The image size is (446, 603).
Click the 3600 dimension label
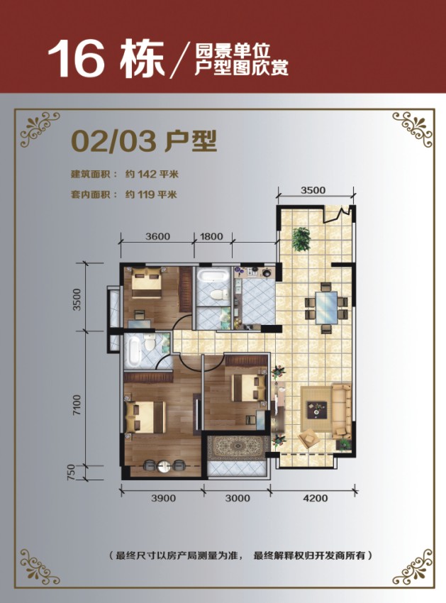[157, 236]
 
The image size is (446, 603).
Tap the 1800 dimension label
[211, 236]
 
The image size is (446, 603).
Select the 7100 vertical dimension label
[77, 404]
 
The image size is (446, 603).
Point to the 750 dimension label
[71, 472]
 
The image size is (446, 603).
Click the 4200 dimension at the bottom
[316, 499]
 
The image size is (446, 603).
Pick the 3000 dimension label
[238, 499]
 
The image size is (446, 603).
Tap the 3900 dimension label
[163, 499]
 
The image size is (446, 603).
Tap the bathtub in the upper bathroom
[213, 276]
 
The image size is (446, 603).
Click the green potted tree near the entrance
[301, 239]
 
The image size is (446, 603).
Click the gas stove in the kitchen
[252, 272]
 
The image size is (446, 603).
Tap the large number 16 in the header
[76, 59]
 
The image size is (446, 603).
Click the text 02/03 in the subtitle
[114, 141]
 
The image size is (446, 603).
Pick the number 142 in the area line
[147, 175]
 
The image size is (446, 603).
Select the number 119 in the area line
[146, 194]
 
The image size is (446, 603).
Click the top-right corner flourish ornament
[413, 129]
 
